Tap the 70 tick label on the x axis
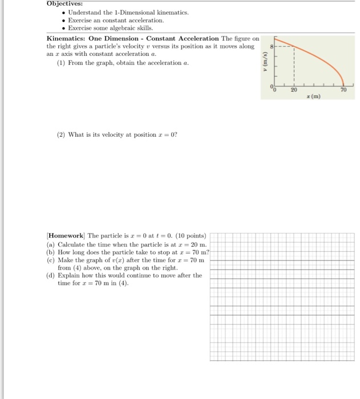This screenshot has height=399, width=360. pos(345,89)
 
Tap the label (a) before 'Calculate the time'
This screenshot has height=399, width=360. pos(51,244)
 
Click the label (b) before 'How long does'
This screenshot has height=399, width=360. pos(51,252)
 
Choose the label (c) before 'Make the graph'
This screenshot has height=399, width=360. pos(51,260)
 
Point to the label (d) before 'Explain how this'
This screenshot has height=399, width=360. pos(51,275)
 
